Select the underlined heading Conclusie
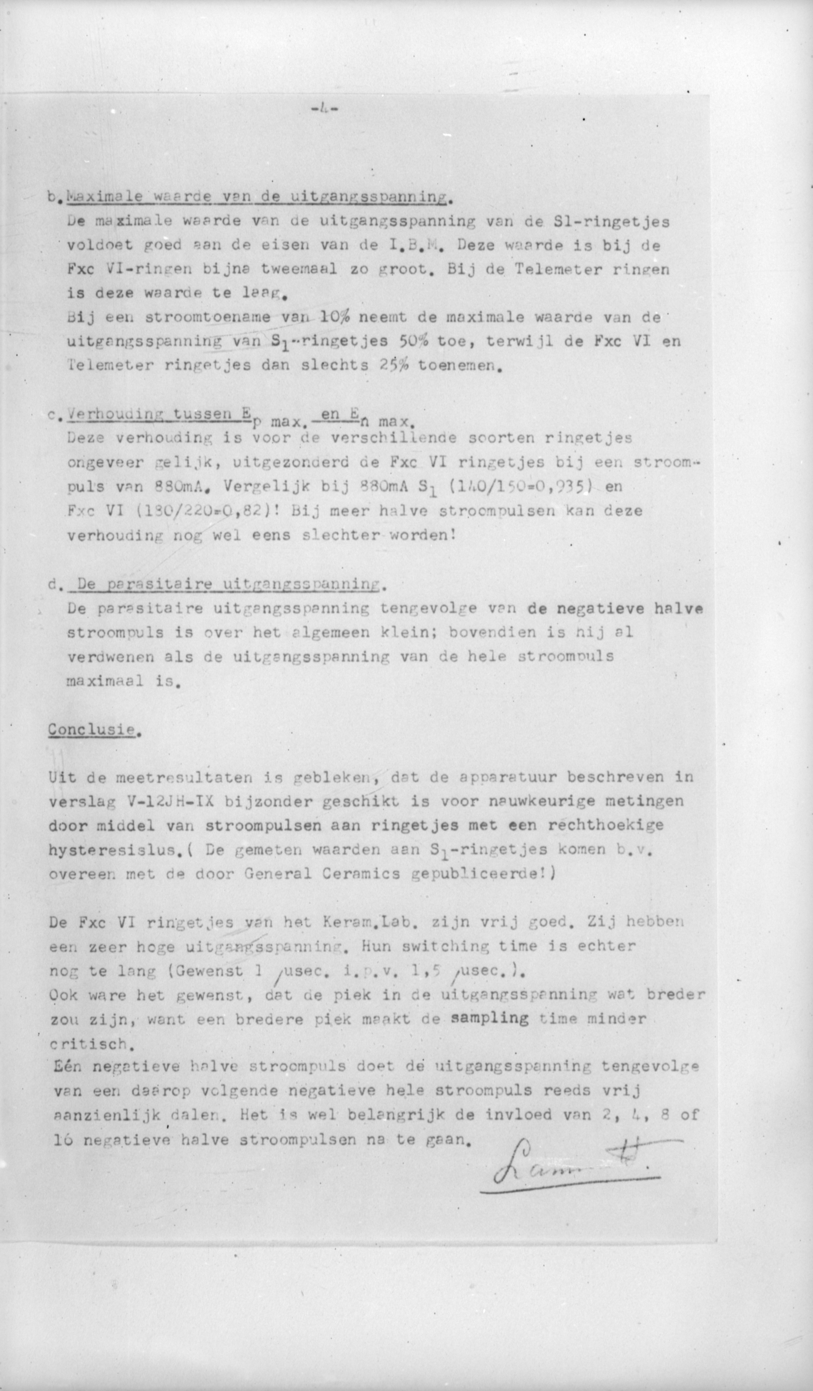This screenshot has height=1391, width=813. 92,730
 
